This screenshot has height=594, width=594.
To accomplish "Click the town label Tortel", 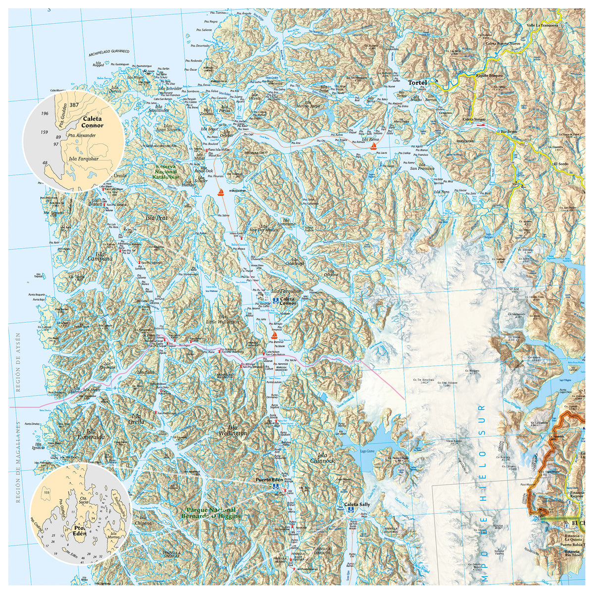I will tap(417, 83).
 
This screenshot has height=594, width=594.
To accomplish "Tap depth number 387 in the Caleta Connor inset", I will tap(74, 105).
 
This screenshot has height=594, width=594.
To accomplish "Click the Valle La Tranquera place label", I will tap(543, 25).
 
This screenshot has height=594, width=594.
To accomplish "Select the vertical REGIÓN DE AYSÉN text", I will tap(18, 363).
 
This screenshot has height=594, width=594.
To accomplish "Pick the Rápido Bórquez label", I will tap(489, 76).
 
